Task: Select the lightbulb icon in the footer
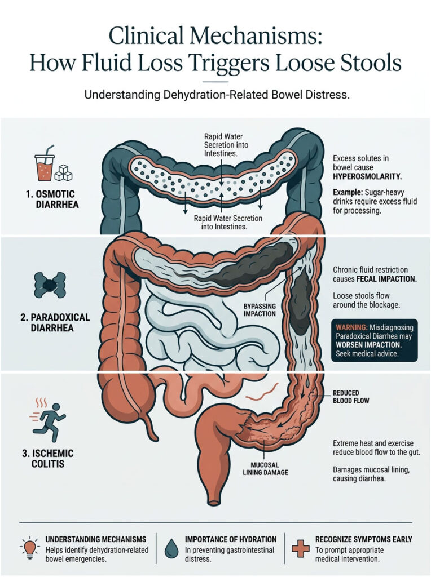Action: [x=29, y=545]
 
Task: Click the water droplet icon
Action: [x=171, y=546]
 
